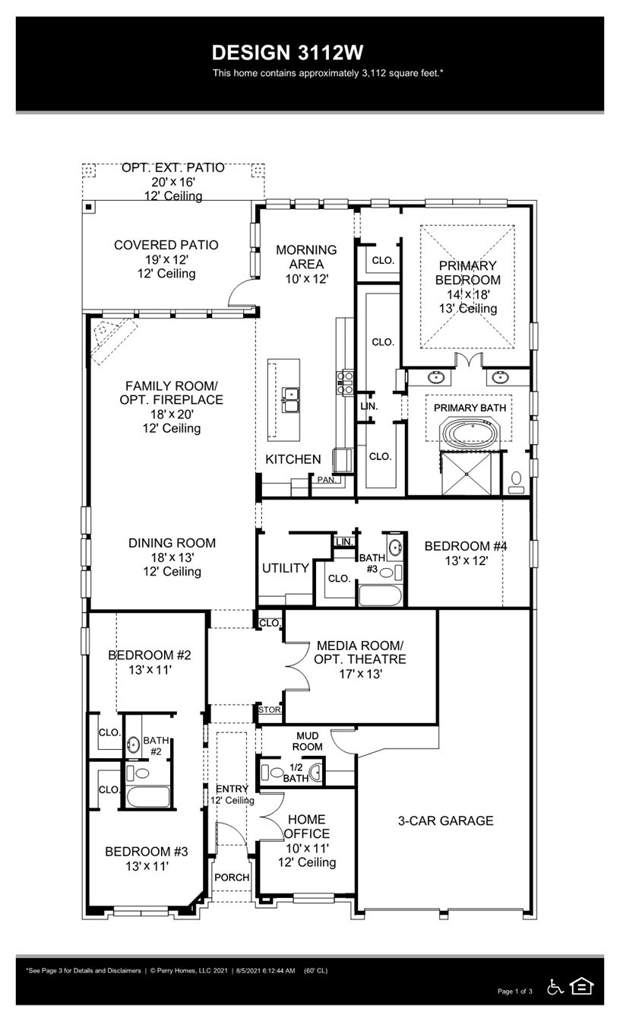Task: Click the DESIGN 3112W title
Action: click(288, 52)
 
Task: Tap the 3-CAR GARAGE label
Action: click(446, 820)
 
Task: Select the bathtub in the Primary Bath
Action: click(468, 435)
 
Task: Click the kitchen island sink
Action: click(290, 395)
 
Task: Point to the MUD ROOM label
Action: click(307, 741)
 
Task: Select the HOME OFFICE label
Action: click(306, 827)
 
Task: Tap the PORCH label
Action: click(232, 877)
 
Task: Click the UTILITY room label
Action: click(285, 568)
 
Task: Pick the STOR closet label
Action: click(270, 709)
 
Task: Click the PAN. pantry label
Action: click(326, 480)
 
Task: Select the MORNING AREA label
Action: click(306, 256)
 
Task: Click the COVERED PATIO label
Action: click(166, 245)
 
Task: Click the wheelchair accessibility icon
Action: click(555, 986)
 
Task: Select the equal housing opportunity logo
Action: click(581, 986)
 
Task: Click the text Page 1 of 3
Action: click(514, 991)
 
